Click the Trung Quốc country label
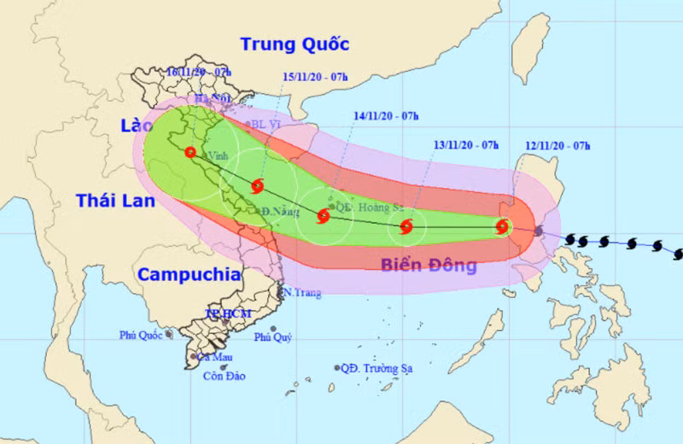pyautogui.click(x=295, y=44)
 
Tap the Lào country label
pyautogui.click(x=136, y=126)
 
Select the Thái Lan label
pyautogui.click(x=115, y=201)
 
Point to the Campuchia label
pyautogui.click(x=189, y=274)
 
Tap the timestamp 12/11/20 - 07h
pyautogui.click(x=558, y=146)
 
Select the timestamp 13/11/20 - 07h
pyautogui.click(x=465, y=146)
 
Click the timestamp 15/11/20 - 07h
pyautogui.click(x=315, y=77)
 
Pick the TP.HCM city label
pyautogui.click(x=224, y=314)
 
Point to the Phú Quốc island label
pyautogui.click(x=142, y=335)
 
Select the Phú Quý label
pyautogui.click(x=273, y=337)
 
